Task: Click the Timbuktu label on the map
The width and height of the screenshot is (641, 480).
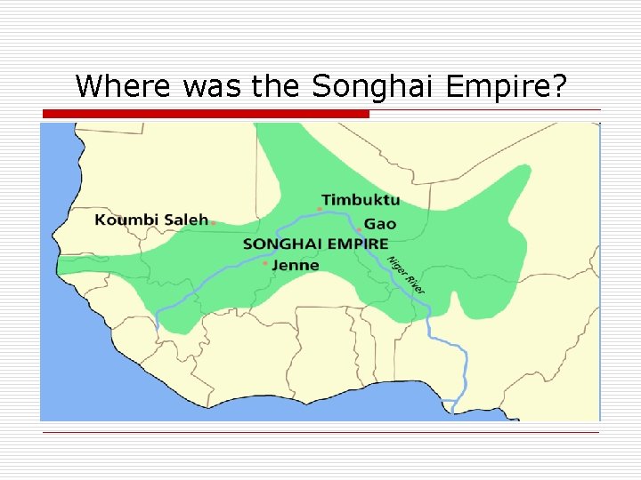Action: pos(361,200)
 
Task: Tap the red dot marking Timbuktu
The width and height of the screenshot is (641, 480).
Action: pos(320,209)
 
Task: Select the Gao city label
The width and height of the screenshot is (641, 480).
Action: pos(380,224)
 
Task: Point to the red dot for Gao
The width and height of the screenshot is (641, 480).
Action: pos(359,230)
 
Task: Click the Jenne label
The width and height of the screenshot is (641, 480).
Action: pos(296,265)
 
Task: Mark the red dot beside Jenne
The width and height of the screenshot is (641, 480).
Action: pos(265,263)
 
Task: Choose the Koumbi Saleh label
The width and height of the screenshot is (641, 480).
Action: pos(151,220)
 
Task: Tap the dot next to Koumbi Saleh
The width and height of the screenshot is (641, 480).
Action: pos(214,222)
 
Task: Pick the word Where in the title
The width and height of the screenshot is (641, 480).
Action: pos(126,86)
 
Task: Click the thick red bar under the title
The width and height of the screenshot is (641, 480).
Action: pos(206,115)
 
